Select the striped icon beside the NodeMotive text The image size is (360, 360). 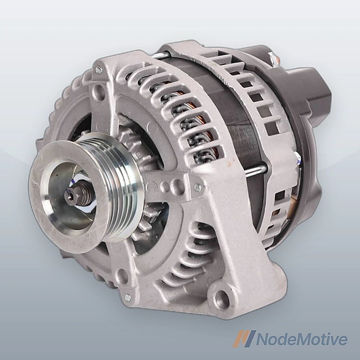coord(244,339)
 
